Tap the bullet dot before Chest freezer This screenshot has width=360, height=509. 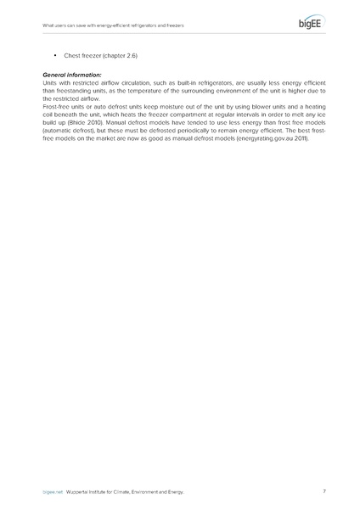tap(54, 55)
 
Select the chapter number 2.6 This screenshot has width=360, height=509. tap(129, 55)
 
